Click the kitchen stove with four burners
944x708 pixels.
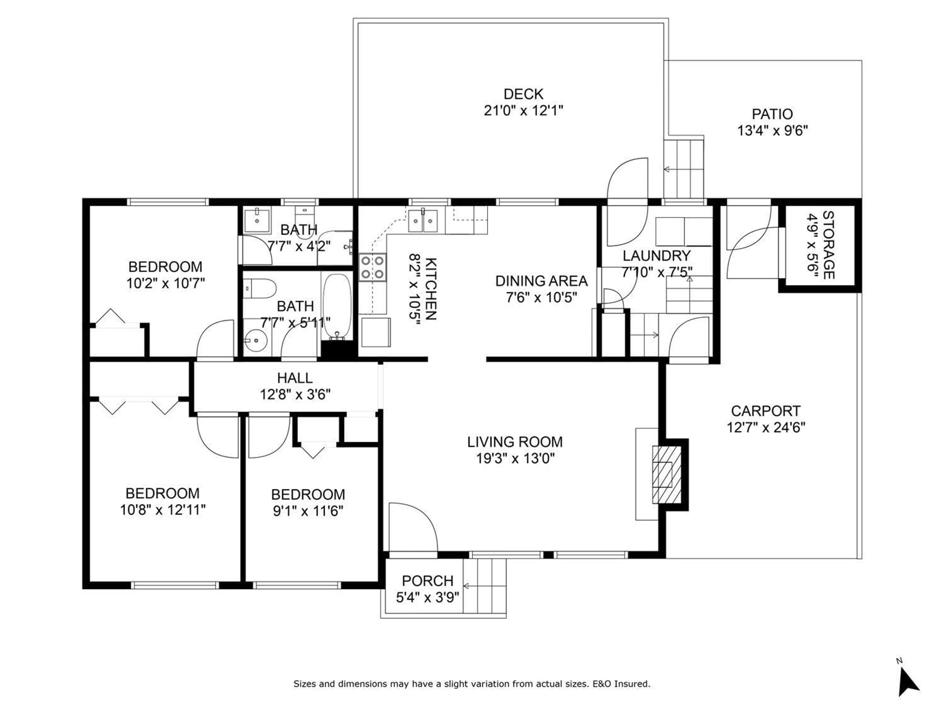(x=373, y=267)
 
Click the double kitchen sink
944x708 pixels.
(x=423, y=221)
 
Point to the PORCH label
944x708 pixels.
(x=427, y=581)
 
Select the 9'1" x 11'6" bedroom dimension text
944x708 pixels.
(x=308, y=511)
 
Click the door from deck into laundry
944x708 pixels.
(x=627, y=201)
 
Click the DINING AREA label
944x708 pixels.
(x=541, y=281)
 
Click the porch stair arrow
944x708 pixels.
(x=466, y=586)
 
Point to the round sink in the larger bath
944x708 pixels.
(x=256, y=340)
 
